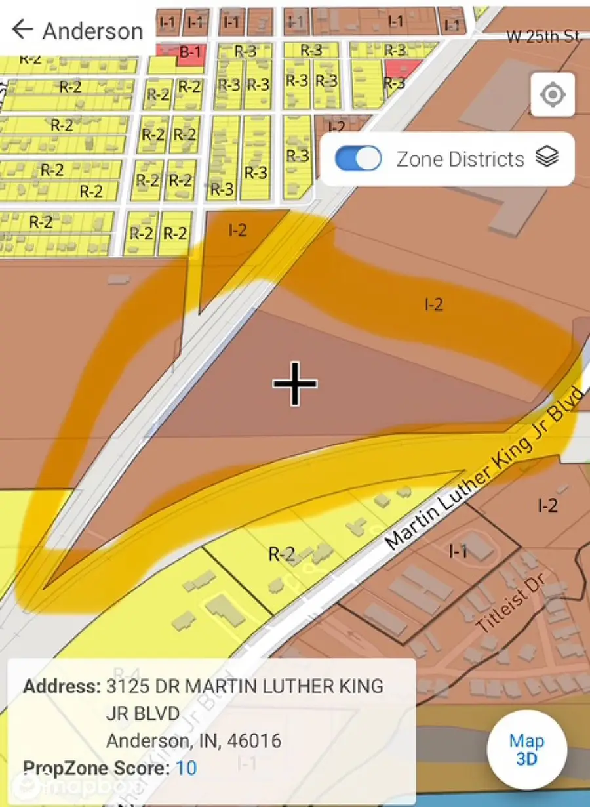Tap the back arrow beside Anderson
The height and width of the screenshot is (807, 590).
click(x=22, y=30)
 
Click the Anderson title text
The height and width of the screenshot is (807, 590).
click(x=92, y=31)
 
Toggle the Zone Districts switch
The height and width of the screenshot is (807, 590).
click(x=358, y=159)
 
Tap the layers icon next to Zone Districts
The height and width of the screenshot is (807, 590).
click(x=547, y=157)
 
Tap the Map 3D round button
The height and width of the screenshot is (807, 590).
click(x=526, y=749)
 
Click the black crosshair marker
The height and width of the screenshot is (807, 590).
click(x=295, y=383)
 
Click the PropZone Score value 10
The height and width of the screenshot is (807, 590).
click(x=186, y=768)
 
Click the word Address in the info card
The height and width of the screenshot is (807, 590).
click(x=62, y=686)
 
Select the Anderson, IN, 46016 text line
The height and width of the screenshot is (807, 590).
click(x=193, y=741)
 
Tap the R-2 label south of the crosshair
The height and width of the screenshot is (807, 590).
click(x=282, y=554)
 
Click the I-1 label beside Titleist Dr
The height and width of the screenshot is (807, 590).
click(x=458, y=551)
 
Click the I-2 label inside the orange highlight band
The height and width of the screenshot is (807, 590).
click(x=434, y=304)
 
